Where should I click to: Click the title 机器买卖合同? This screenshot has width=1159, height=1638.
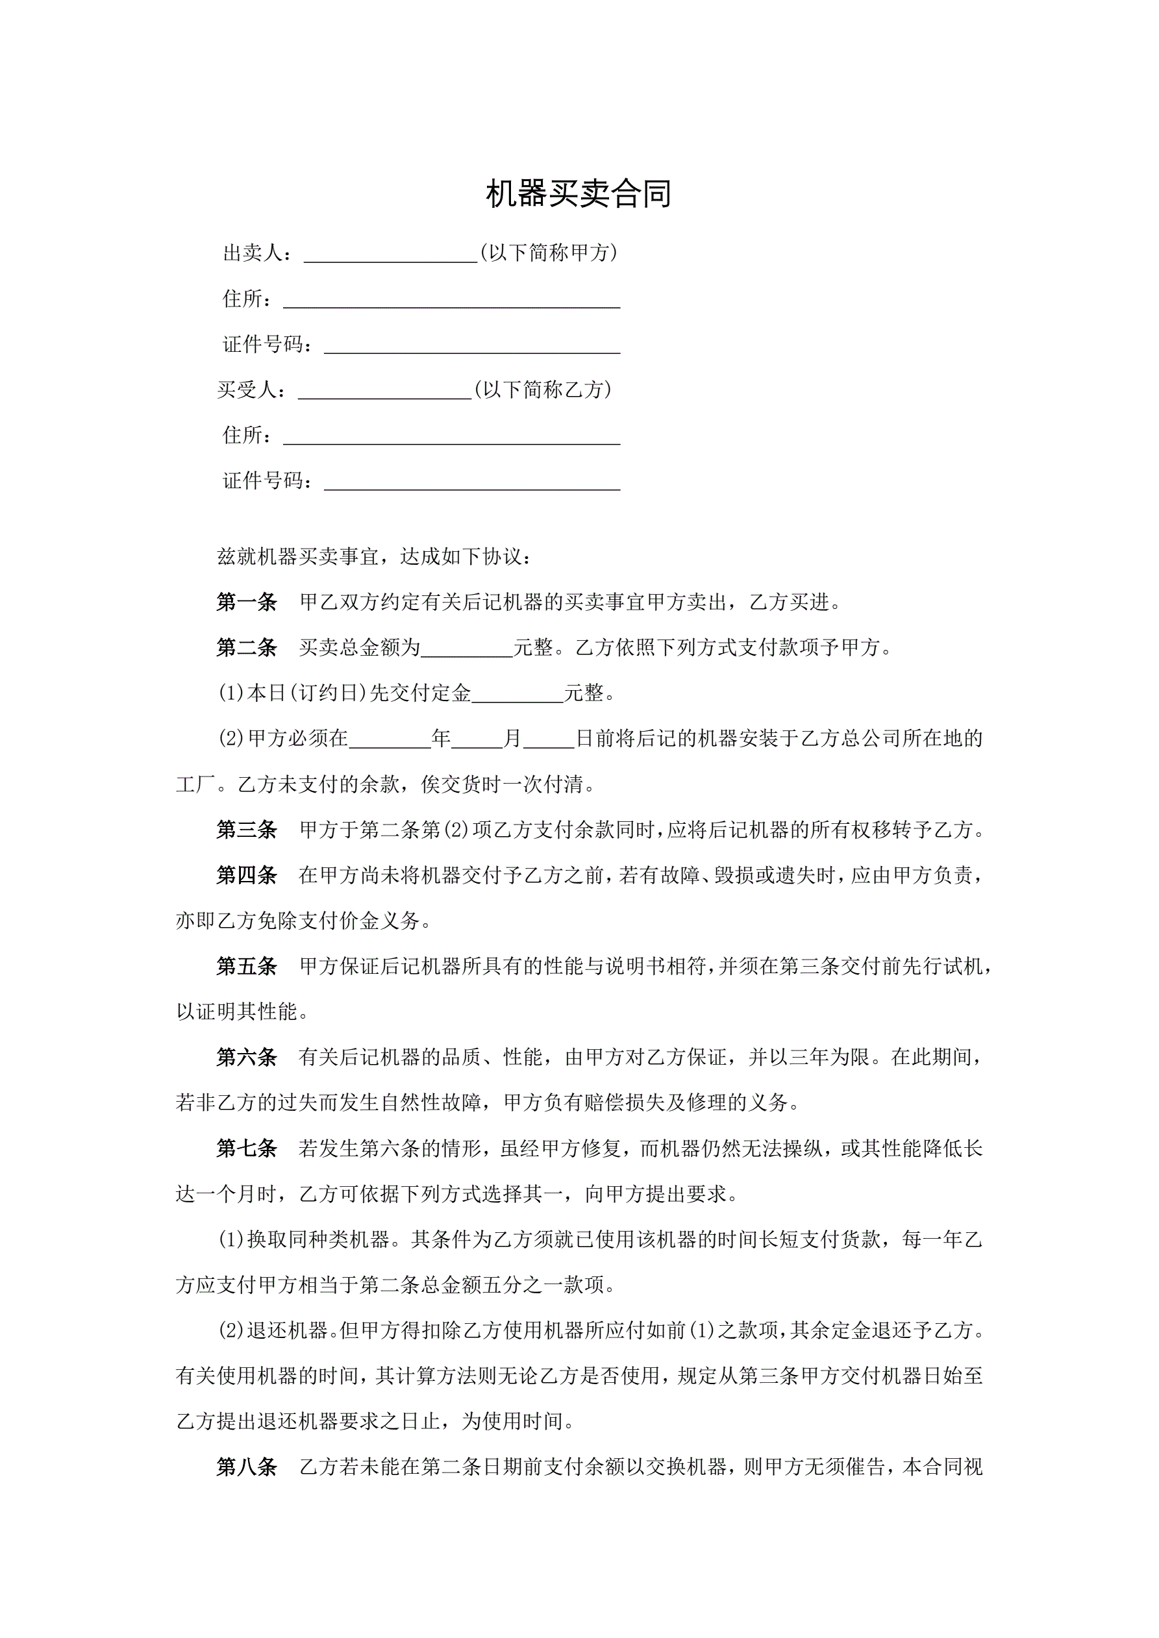pyautogui.click(x=578, y=194)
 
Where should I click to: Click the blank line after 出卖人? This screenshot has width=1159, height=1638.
pyautogui.click(x=390, y=255)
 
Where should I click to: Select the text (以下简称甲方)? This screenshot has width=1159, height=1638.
pyautogui.click(x=549, y=253)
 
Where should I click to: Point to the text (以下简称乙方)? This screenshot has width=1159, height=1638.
pyautogui.click(x=543, y=390)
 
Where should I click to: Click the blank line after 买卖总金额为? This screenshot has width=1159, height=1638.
pyautogui.click(x=467, y=649)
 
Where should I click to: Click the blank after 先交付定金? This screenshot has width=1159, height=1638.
pyautogui.click(x=517, y=695)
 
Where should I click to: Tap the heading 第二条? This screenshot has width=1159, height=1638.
pyautogui.click(x=246, y=648)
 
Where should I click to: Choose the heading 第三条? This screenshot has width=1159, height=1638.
pyautogui.click(x=246, y=830)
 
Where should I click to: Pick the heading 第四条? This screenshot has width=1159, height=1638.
pyautogui.click(x=246, y=875)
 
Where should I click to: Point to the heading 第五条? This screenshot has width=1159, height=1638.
pyautogui.click(x=246, y=967)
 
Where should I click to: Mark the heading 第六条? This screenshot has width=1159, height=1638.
pyautogui.click(x=246, y=1058)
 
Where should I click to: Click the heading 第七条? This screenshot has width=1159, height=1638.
pyautogui.click(x=246, y=1148)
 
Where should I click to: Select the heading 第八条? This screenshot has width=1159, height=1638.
pyautogui.click(x=246, y=1467)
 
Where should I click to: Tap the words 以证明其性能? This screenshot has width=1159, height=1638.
pyautogui.click(x=236, y=1012)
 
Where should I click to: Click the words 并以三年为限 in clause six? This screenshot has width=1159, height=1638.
pyautogui.click(x=808, y=1058)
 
